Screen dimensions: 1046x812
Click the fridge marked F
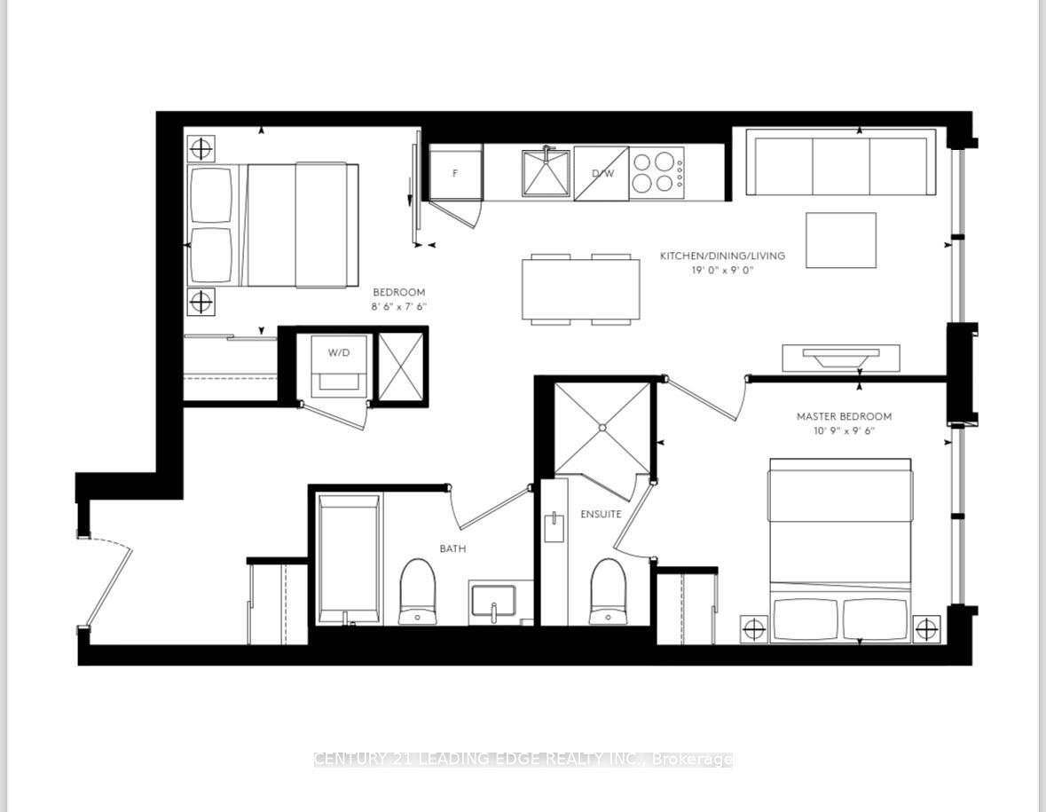(456, 172)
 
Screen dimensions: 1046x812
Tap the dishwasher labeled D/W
(601, 173)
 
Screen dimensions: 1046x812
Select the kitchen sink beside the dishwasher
(547, 173)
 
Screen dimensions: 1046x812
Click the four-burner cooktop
(657, 173)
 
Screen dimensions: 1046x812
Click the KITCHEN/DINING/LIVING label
(722, 256)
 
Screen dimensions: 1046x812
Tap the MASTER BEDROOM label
(844, 416)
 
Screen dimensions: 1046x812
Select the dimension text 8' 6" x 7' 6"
(399, 307)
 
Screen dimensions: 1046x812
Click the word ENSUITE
(601, 514)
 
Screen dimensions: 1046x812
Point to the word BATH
(452, 548)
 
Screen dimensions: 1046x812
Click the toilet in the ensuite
(608, 591)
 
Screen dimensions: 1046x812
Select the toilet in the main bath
(418, 591)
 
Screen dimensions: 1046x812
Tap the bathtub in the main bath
(349, 559)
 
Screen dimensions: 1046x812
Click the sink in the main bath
(493, 601)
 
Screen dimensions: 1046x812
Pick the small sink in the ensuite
(554, 527)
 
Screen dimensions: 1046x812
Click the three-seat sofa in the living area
(840, 162)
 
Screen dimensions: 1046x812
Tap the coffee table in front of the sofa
(840, 240)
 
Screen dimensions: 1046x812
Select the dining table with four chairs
(581, 289)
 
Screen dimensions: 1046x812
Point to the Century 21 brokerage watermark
(523, 760)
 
